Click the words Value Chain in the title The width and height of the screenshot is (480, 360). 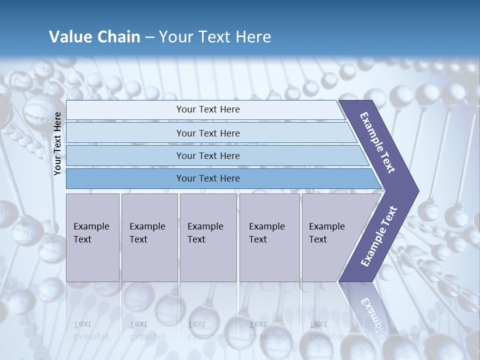(94, 37)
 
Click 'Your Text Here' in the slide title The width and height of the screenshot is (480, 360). (215, 37)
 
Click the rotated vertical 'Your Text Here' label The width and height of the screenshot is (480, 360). (58, 143)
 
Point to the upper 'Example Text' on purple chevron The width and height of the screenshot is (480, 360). (377, 142)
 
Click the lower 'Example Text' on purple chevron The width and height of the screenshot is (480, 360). (378, 236)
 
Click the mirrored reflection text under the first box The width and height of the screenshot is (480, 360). (91, 330)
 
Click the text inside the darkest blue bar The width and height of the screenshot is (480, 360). (208, 178)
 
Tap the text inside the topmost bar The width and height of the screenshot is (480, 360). (208, 109)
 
